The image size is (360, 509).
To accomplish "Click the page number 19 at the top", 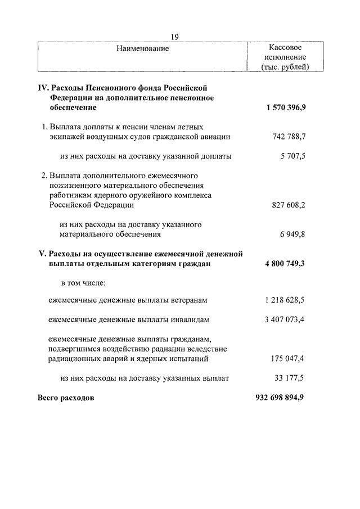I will [174, 37].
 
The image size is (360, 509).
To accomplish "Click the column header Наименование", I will [143, 49].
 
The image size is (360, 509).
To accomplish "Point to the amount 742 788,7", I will [287, 137].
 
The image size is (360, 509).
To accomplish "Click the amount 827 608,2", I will [287, 205].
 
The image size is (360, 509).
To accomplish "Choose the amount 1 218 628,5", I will [284, 300].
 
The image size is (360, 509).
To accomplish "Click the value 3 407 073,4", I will [284, 320].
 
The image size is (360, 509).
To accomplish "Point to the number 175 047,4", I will [287, 358].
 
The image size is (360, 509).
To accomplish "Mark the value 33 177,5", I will [290, 378].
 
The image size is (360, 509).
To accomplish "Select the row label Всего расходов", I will [66, 398].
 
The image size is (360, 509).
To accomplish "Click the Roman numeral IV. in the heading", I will [44, 88].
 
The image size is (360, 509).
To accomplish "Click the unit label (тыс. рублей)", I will [286, 67].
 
